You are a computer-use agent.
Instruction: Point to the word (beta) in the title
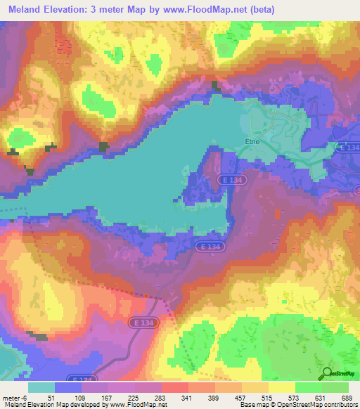(259, 10)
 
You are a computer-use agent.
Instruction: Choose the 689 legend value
(346, 397)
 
